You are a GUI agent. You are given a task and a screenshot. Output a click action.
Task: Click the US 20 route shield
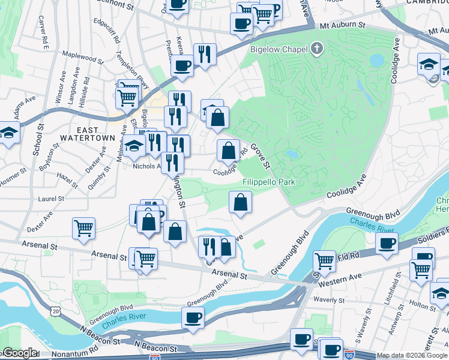pos(56,311)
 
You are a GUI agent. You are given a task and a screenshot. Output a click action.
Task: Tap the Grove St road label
pos(262,155)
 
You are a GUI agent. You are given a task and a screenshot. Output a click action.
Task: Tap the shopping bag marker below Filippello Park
pos(240,202)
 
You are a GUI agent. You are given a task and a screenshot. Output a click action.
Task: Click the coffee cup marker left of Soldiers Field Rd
pos(387,244)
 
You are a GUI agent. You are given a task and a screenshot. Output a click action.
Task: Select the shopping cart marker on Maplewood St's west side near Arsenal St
pos(83,228)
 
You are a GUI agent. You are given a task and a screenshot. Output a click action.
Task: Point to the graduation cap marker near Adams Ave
pos(8,133)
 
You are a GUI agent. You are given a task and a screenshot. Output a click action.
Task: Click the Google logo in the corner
pos(19,353)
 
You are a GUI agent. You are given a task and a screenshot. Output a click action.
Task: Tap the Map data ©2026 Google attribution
pos(412,355)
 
